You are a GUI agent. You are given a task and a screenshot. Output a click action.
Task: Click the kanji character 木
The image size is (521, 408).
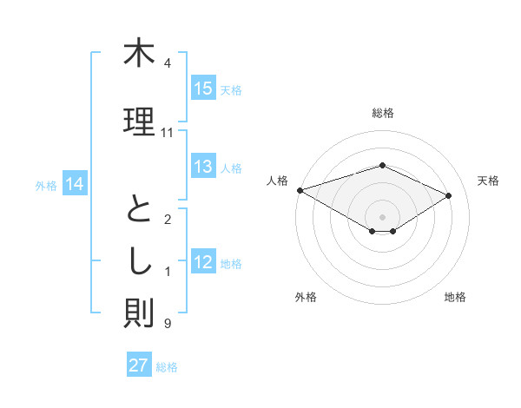(139, 54)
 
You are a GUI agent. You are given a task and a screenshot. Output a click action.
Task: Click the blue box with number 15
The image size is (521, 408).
(203, 89)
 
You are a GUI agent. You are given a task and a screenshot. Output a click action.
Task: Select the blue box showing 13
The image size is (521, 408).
(203, 168)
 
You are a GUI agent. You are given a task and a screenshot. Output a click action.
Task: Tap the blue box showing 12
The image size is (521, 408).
(203, 263)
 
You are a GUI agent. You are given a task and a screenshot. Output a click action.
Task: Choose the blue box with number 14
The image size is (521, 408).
(75, 184)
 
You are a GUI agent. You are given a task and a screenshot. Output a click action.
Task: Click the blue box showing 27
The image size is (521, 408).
(139, 365)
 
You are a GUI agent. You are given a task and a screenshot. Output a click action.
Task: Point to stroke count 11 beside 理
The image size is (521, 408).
(168, 133)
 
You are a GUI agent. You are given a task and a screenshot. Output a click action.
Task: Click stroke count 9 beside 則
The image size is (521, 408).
(168, 324)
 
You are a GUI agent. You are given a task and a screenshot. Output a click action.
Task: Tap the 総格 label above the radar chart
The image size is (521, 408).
(382, 114)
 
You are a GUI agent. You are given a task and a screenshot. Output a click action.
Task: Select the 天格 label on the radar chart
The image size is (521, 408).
(488, 181)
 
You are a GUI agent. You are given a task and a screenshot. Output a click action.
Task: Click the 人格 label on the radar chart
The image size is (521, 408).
(278, 181)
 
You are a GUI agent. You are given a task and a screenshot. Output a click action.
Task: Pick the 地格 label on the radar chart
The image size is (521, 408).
(455, 297)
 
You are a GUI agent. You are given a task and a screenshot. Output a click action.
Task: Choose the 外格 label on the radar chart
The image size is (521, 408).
(306, 297)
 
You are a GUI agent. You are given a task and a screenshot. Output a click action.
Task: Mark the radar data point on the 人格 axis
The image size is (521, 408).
(300, 189)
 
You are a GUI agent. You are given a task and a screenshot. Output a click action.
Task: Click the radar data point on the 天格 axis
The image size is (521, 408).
(449, 195)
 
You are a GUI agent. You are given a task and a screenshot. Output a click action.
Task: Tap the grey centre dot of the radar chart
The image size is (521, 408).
(382, 216)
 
